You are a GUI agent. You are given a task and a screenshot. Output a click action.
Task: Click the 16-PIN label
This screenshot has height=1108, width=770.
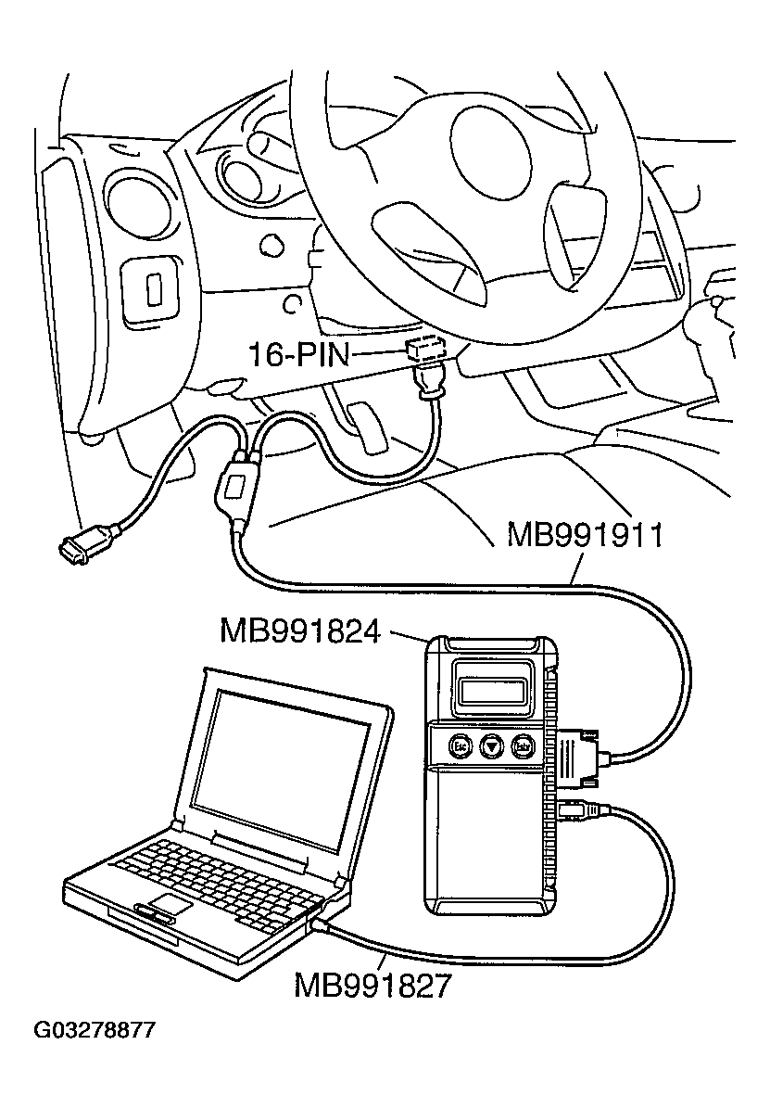(x=298, y=354)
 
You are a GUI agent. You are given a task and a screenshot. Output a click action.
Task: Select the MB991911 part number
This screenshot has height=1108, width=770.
(x=584, y=536)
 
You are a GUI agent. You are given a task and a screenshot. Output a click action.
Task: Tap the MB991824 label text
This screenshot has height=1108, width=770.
(x=300, y=631)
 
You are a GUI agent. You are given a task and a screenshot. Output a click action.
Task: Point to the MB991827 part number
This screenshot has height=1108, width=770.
(x=372, y=985)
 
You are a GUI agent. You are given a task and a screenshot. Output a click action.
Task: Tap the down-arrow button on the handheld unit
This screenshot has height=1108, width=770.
(x=492, y=744)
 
